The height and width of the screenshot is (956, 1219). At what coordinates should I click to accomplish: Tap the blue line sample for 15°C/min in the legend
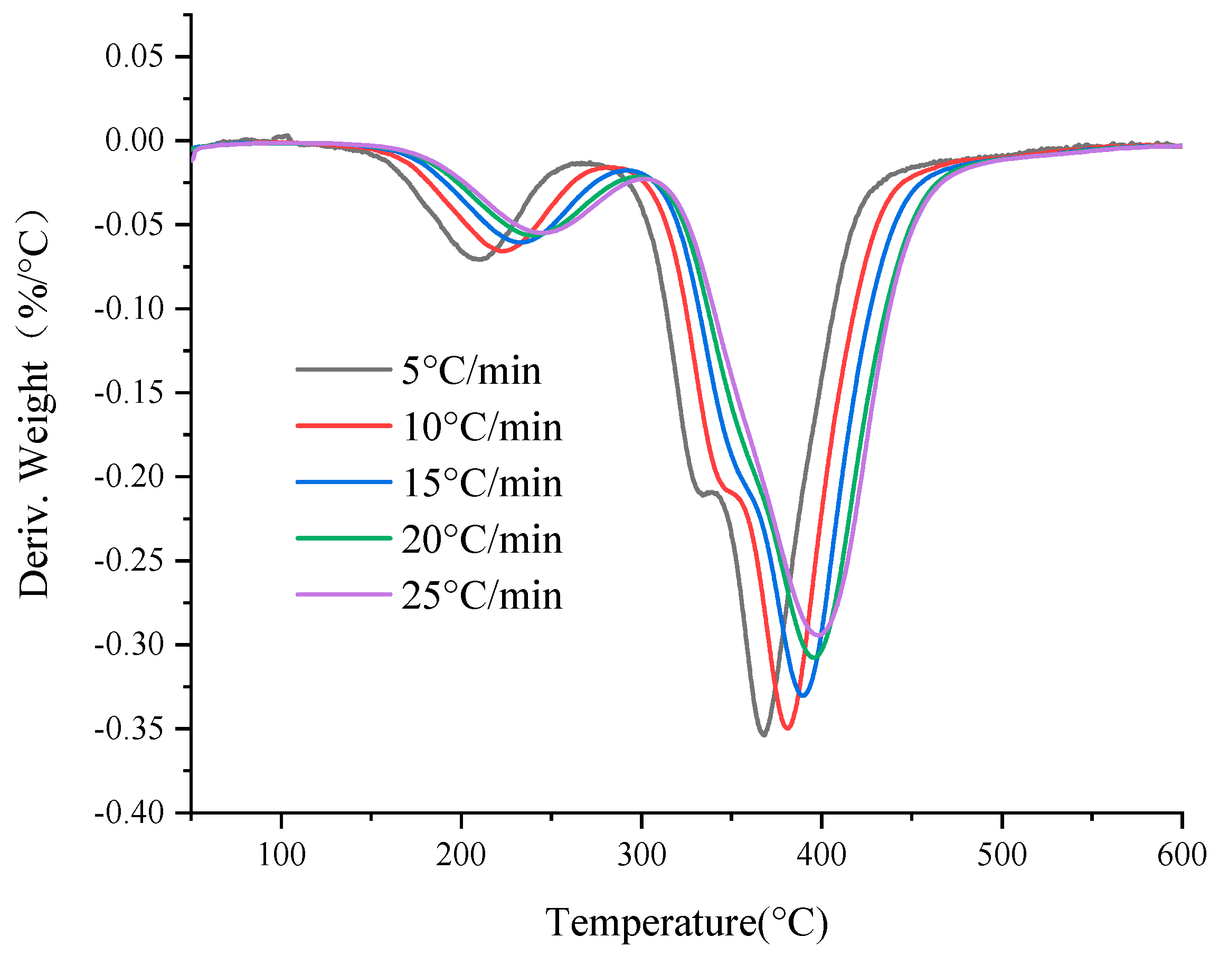point(344,482)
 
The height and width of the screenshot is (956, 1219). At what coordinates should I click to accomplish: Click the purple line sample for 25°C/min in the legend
point(344,594)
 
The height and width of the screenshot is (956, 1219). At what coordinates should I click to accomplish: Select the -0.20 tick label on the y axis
point(129,476)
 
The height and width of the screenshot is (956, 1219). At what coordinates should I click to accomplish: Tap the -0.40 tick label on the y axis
point(129,812)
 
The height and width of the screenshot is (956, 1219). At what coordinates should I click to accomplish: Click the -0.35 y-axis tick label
point(129,729)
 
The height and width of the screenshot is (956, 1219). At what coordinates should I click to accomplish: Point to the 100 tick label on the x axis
point(281,855)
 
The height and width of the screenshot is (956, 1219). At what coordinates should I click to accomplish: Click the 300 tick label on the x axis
point(641,855)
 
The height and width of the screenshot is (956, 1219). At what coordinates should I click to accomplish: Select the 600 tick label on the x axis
point(1181,855)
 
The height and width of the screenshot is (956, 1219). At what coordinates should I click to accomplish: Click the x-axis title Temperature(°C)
point(686,922)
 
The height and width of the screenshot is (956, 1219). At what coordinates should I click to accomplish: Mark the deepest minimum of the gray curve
point(764,734)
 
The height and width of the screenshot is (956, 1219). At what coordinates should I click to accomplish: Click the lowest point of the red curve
point(788,728)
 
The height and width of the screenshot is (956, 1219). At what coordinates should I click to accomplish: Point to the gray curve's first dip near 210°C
point(478,259)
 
